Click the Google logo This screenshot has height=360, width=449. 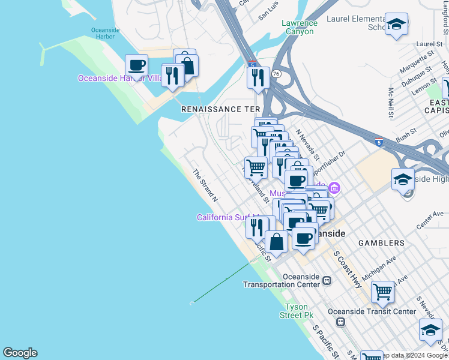point(20,353)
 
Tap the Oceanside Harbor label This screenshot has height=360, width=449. point(106,34)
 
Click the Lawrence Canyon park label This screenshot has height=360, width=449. point(300,28)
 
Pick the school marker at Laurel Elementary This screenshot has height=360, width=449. point(396,25)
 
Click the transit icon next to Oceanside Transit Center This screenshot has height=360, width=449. point(340,322)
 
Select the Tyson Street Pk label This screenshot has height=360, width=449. point(299,311)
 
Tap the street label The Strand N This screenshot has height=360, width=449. point(205,185)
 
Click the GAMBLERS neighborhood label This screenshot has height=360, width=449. point(381,243)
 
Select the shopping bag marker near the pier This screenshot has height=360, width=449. point(276,242)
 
